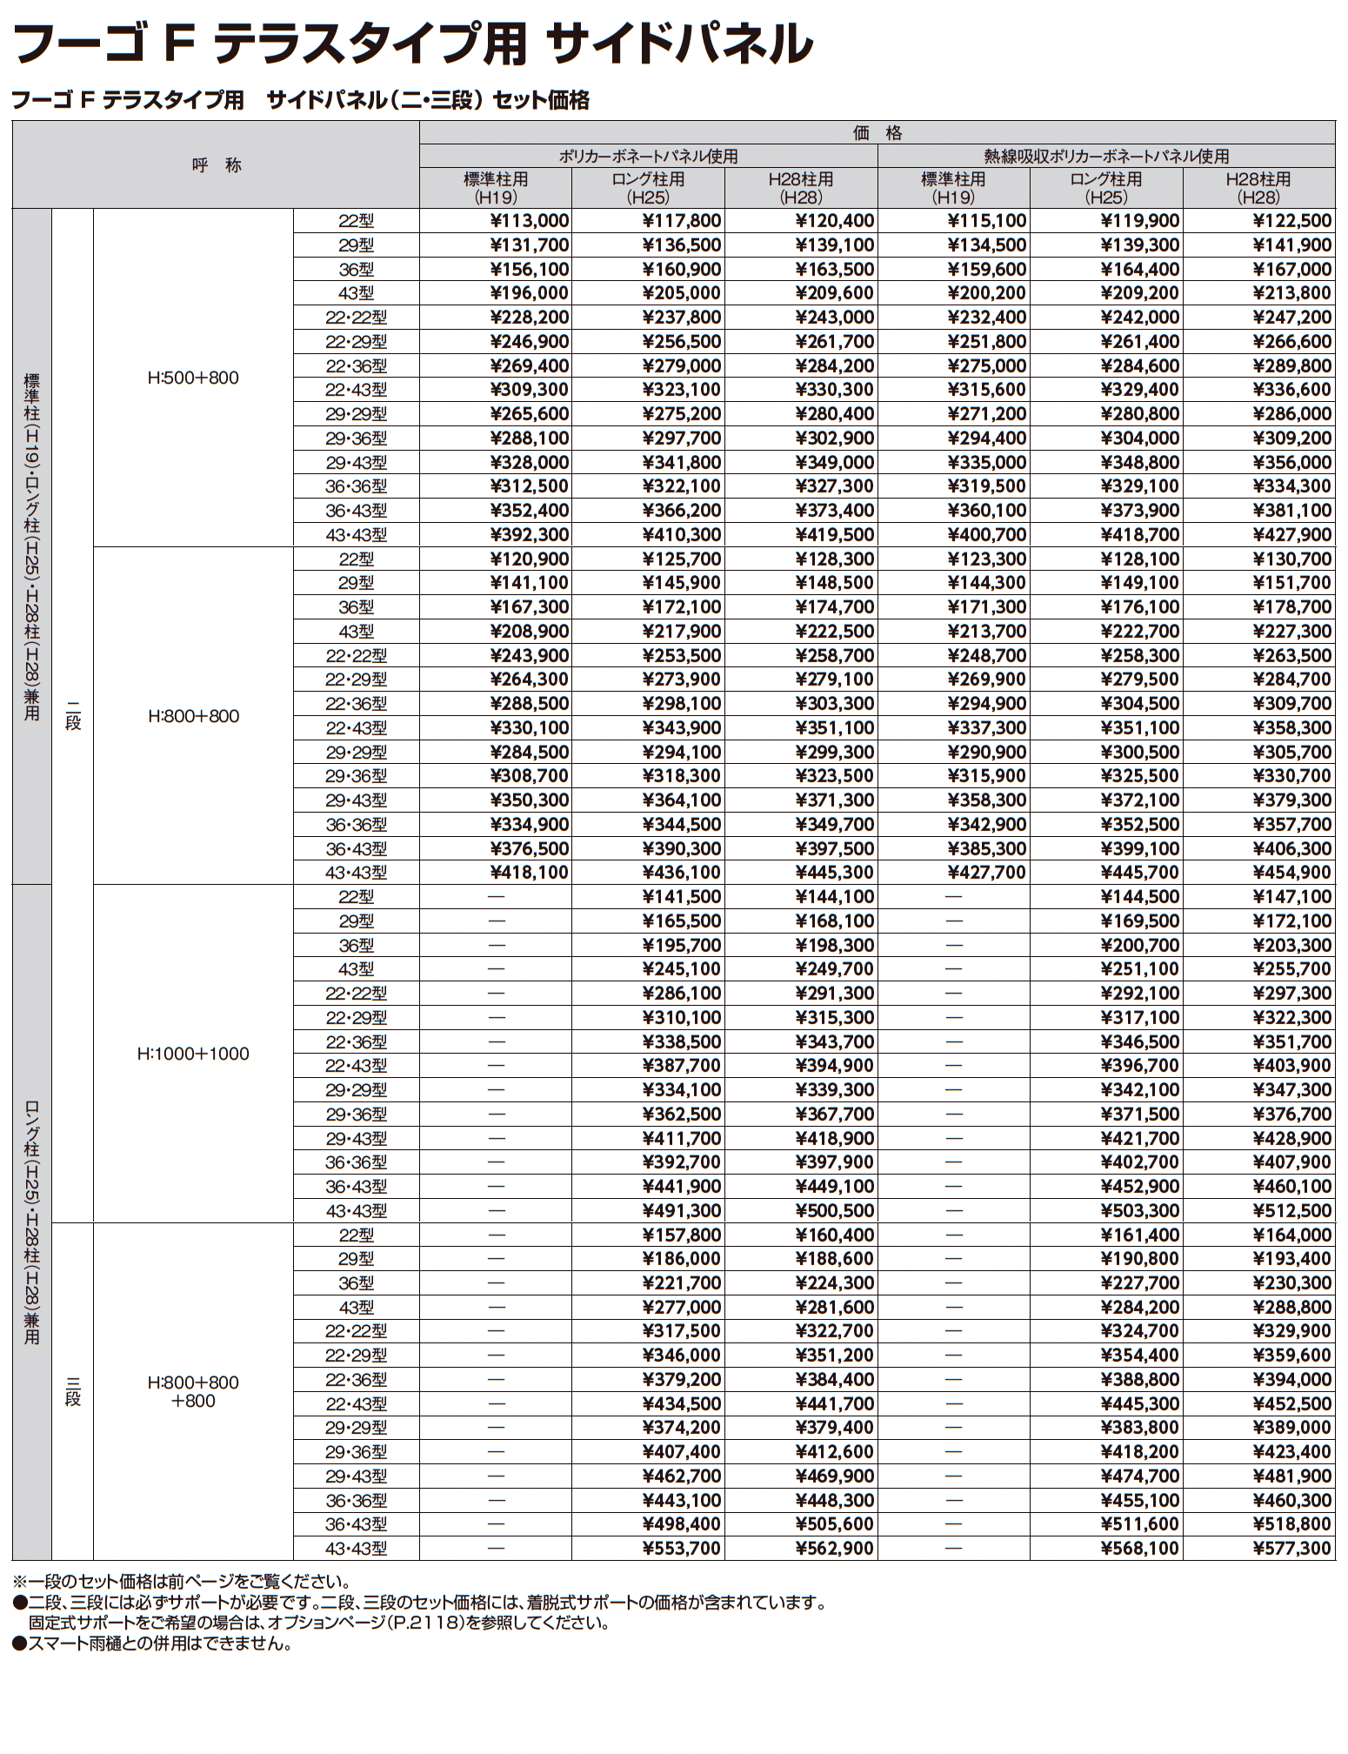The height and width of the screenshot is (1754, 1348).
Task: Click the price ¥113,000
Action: click(529, 221)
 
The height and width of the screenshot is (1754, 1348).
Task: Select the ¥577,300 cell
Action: click(1291, 1549)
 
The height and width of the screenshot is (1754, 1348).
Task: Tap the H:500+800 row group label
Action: click(193, 378)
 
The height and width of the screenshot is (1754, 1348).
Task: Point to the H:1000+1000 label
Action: click(193, 1054)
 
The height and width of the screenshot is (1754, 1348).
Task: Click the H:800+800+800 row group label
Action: click(193, 1391)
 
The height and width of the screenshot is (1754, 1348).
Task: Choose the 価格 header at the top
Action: click(877, 133)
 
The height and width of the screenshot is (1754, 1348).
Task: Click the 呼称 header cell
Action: click(216, 165)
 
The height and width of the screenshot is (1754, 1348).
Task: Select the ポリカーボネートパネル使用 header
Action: click(648, 157)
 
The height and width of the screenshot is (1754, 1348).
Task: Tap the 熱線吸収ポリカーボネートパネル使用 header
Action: click(1106, 157)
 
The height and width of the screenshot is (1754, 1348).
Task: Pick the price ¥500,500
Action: click(834, 1211)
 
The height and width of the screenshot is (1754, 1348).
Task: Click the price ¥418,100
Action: click(529, 873)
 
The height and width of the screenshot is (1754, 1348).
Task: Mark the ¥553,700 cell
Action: click(681, 1549)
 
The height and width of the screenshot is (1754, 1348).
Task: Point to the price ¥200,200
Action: click(986, 293)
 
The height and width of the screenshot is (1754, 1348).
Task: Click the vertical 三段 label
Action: click(73, 1391)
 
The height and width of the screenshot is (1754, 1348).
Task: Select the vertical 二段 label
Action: click(73, 716)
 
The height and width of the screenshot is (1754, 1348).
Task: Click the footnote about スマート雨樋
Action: click(152, 1644)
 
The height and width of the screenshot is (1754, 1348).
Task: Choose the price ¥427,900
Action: click(1291, 535)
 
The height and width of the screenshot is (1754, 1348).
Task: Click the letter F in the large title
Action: click(178, 44)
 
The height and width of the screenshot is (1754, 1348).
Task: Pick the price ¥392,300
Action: click(529, 535)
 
